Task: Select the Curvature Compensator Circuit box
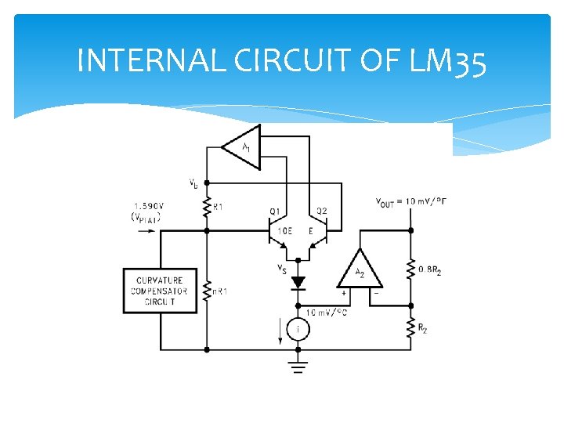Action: [160, 291]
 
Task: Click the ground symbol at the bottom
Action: [297, 366]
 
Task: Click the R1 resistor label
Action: [218, 207]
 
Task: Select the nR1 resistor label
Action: [219, 292]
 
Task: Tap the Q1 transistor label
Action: [274, 211]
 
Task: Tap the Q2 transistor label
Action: [320, 211]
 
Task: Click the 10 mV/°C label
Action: [328, 313]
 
